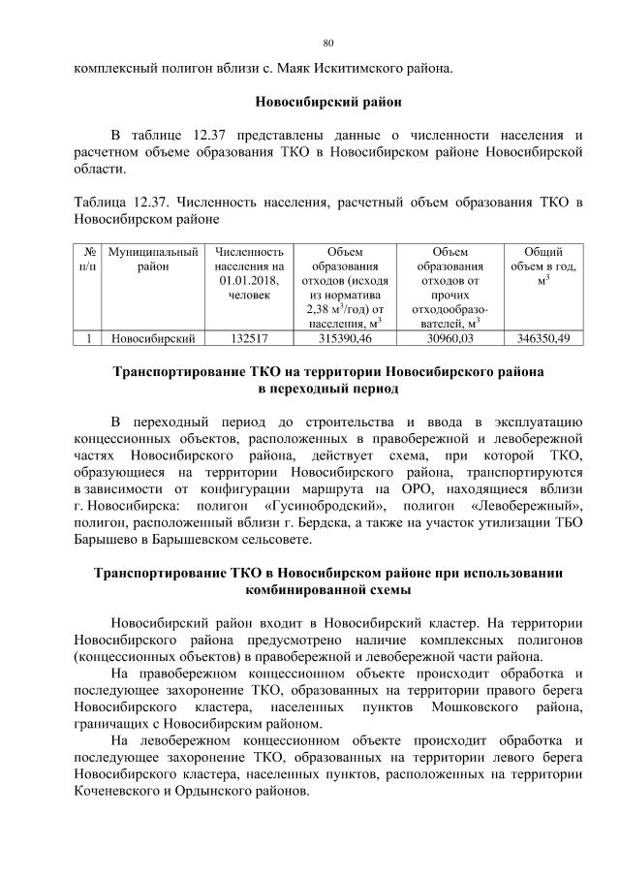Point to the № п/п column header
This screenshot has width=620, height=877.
coord(88,258)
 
